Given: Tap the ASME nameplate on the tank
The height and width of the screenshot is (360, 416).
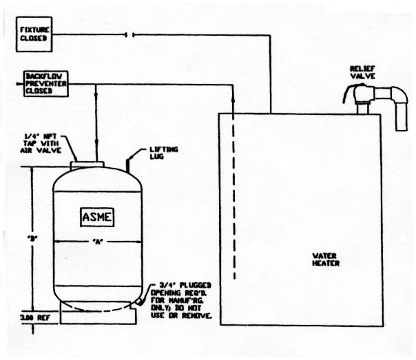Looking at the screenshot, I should coord(95,218).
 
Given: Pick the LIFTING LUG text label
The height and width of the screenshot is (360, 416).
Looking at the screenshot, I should coord(166,152).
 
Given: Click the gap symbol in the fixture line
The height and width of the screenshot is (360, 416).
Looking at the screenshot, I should coord(129,34).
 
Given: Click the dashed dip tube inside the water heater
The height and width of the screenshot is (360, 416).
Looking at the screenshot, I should coord(233,193).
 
